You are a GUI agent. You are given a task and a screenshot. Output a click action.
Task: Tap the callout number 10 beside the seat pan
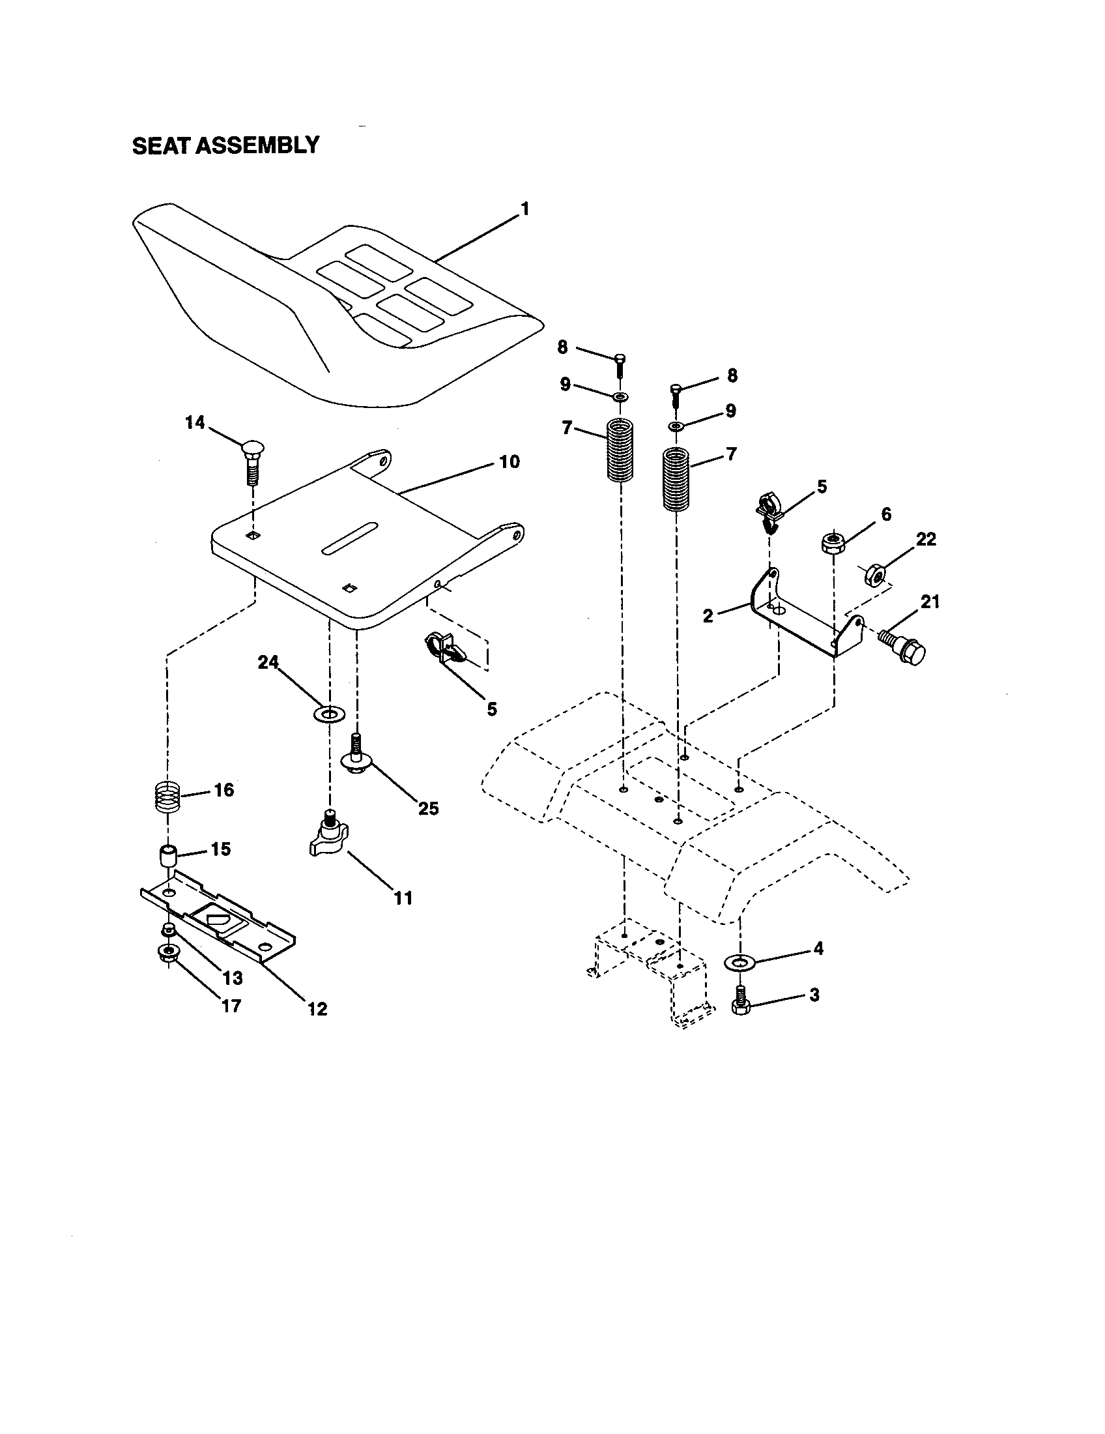(x=509, y=461)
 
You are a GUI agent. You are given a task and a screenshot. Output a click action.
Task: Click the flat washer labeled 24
(x=327, y=713)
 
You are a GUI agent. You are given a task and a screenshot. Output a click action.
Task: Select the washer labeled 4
(x=739, y=963)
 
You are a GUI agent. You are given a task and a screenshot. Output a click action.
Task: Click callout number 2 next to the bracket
(x=708, y=617)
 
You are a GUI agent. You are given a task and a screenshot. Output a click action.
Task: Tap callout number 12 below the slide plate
(x=317, y=1009)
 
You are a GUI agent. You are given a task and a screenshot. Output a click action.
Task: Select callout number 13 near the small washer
(x=233, y=978)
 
